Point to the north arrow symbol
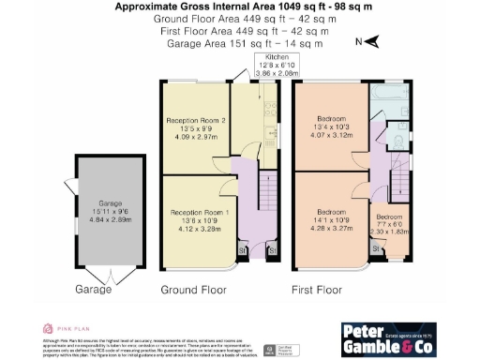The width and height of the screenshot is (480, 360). [x=370, y=42]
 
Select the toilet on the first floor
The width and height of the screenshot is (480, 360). [x=396, y=139]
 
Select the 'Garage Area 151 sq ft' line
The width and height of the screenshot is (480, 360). [x=240, y=42]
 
